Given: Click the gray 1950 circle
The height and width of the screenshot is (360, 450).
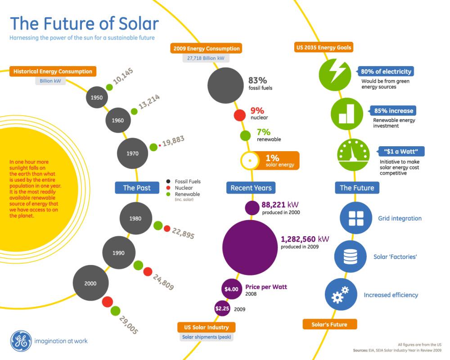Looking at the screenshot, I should [97, 97].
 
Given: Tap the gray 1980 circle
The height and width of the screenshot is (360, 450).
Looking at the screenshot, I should [135, 219].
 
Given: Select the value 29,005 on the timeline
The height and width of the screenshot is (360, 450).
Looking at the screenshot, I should [129, 324].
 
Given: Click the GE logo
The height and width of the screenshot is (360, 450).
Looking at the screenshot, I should [21, 341].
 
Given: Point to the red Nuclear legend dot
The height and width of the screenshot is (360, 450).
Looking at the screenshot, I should [168, 188].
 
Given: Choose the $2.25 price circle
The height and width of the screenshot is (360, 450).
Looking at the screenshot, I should [222, 309].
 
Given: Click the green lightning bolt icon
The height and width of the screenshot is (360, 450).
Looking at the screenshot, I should [335, 74].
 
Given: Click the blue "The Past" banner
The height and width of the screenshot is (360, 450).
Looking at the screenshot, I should [137, 188].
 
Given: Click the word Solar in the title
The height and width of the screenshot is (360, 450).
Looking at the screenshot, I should [134, 24].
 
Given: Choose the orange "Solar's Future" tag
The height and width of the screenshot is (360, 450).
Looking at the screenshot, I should [330, 324].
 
